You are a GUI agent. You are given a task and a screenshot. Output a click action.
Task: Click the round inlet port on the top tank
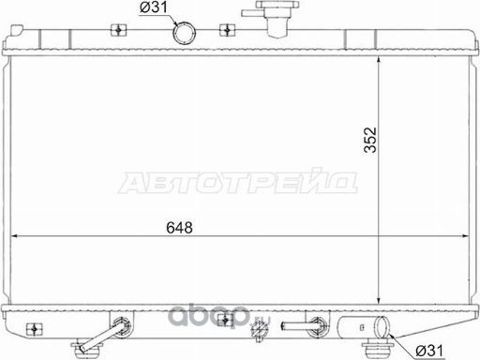tap(185, 33)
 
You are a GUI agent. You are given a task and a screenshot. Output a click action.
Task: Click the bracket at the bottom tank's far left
tap(35, 329)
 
